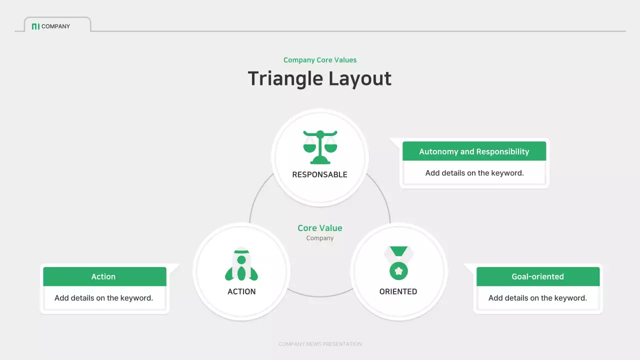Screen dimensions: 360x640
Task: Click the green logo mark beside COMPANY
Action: pos(35,26)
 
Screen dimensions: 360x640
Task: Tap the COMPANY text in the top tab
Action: pos(55,26)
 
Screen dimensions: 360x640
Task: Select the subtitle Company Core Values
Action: pos(320,60)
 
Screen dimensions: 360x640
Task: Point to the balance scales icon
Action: pos(320,147)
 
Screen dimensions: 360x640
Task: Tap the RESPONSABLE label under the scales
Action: pos(320,174)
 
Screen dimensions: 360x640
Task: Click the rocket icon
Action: pos(241,265)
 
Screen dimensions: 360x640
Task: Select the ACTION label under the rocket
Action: pos(241,291)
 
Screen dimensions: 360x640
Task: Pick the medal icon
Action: pos(398,263)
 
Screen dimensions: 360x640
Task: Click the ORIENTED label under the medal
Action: pos(398,291)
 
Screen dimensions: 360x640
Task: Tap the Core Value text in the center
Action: pos(320,228)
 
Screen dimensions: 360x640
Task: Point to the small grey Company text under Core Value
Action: pos(320,238)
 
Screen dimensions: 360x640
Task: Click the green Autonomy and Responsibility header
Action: pos(474,151)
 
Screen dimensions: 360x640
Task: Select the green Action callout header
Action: pos(104,276)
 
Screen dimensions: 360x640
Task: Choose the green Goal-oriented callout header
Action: pos(537,276)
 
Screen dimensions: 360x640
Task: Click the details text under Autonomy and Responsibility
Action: pos(474,173)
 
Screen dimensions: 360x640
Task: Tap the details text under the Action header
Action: pos(104,298)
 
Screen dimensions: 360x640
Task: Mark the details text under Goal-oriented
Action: pos(537,298)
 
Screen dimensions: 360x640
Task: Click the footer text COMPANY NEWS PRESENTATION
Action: pos(320,344)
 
